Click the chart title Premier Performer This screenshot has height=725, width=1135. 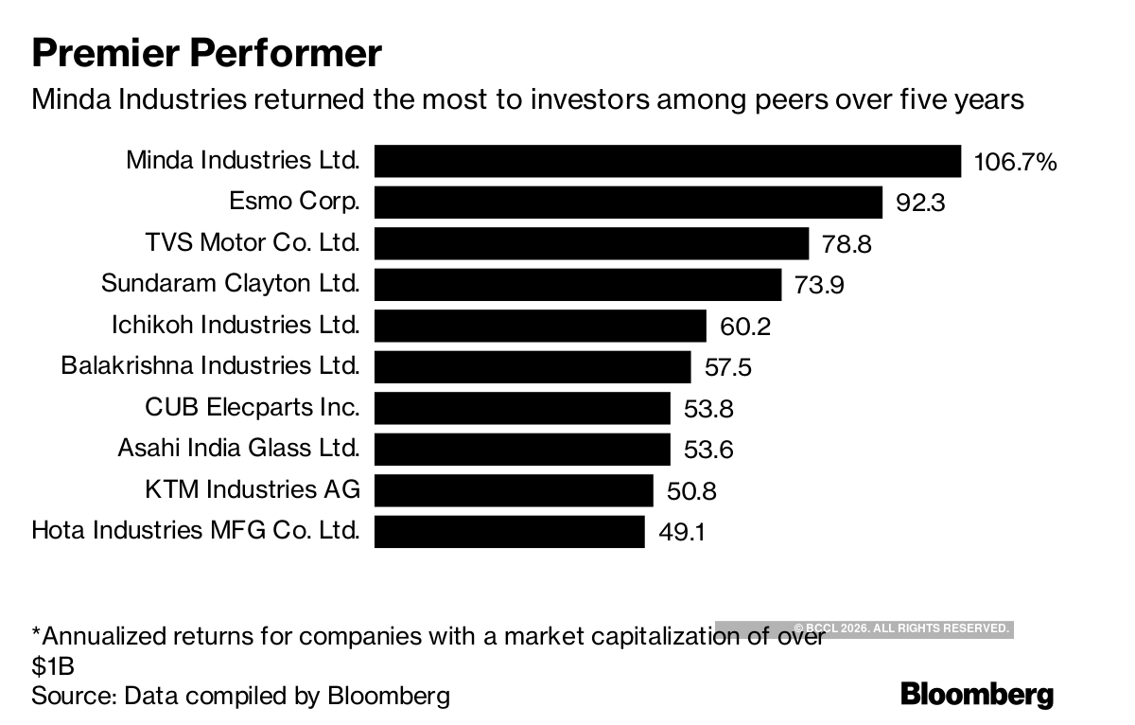206,53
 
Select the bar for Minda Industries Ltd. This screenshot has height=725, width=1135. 667,161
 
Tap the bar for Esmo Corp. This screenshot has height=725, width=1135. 628,202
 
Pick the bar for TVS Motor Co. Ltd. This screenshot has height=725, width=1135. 591,243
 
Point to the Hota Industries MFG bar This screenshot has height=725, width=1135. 509,531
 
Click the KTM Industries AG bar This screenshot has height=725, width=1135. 514,490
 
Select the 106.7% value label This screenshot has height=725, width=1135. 1015,163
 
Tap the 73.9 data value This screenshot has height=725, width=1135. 819,285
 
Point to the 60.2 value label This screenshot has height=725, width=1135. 745,327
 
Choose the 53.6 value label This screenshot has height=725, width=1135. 708,450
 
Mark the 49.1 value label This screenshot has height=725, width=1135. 683,532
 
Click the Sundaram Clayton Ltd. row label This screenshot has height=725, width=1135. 230,283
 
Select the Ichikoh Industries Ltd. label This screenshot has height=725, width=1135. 236,325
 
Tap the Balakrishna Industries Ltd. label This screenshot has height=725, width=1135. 210,365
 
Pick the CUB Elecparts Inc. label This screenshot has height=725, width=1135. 252,407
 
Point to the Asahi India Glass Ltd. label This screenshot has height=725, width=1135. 238,448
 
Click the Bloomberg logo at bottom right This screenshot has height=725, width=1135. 977,694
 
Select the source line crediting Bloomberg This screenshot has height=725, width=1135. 240,697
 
